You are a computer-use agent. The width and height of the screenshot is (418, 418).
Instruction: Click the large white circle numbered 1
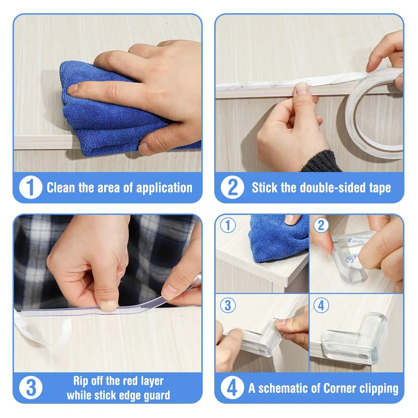pyautogui.click(x=31, y=187)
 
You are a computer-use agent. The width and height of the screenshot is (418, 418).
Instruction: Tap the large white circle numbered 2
pyautogui.click(x=232, y=187)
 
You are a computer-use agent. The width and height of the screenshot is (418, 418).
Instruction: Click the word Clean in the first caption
pyautogui.click(x=61, y=187)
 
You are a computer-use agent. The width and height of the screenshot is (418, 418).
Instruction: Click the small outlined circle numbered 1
pyautogui.click(x=228, y=226)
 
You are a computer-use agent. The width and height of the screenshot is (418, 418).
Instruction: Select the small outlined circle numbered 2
pyautogui.click(x=321, y=226)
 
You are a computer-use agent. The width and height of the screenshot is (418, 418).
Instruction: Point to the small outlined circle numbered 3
pyautogui.click(x=228, y=305)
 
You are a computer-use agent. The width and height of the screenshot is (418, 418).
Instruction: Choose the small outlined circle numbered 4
pyautogui.click(x=321, y=305)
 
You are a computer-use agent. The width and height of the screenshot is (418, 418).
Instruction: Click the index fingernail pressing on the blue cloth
pyautogui.click(x=72, y=89)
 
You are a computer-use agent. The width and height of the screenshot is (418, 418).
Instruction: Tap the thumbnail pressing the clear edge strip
pyautogui.click(x=108, y=305)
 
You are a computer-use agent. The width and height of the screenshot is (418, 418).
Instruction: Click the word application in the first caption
pyautogui.click(x=164, y=188)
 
